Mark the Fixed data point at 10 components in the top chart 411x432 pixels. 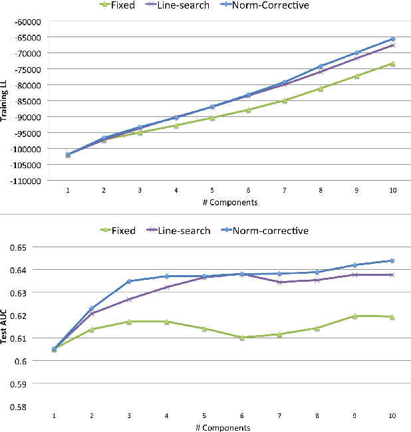[392, 64]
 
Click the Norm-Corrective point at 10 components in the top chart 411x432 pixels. [392, 39]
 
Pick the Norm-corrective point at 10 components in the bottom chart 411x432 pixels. [392, 261]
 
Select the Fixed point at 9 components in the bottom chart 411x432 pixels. [354, 316]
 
